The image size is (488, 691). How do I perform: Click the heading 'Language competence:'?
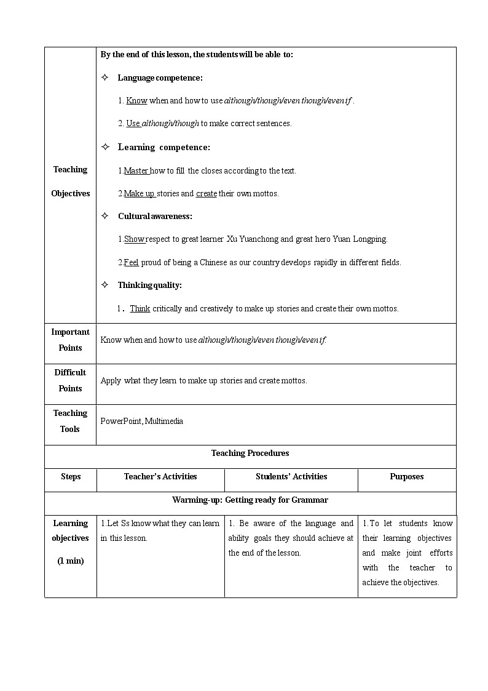pos(160,78)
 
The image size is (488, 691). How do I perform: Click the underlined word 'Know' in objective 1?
pos(136,100)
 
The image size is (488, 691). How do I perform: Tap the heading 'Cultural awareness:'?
pos(155,216)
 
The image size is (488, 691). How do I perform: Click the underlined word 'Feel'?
pos(131,262)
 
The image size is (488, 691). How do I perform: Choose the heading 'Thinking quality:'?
pos(149,285)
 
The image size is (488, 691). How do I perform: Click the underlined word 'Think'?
pos(140,308)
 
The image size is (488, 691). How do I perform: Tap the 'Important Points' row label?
pos(70,340)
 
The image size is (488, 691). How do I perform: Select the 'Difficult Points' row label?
pos(70,380)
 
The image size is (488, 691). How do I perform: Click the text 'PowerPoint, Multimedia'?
pos(141,421)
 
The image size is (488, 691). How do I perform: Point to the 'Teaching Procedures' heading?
pos(250,453)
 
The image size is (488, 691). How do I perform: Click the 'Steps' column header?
pos(71,476)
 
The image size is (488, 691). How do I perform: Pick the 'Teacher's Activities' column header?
pos(160,476)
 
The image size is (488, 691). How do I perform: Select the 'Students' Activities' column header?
pos(291,476)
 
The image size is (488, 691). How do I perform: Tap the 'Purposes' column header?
pos(406,476)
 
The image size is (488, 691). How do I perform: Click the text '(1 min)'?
pos(71,561)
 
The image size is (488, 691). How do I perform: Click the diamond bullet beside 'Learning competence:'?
pos(105,146)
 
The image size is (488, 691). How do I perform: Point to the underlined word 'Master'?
pos(136,170)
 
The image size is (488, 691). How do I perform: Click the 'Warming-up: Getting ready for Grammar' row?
pos(250,500)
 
